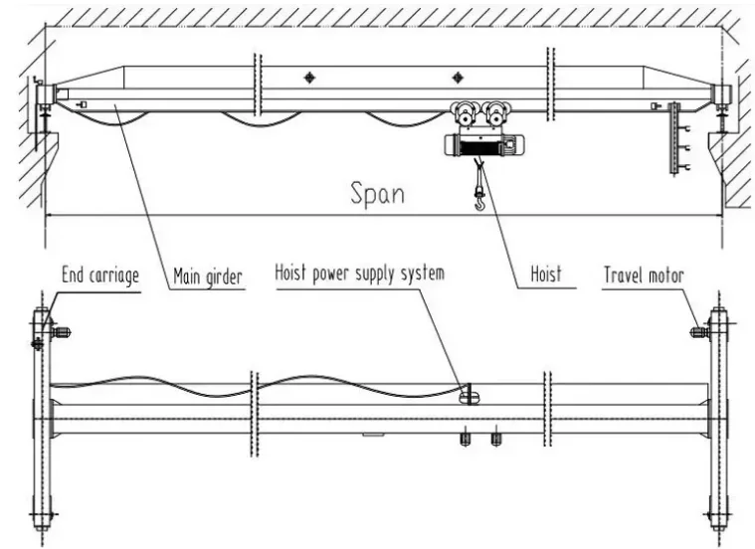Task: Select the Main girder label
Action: point(208,275)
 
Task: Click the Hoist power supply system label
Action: point(360,272)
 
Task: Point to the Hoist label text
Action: point(546,273)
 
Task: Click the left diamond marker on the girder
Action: point(309,78)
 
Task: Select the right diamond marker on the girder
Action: point(457,78)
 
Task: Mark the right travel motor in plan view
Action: point(699,331)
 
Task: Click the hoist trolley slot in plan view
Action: point(470,398)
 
